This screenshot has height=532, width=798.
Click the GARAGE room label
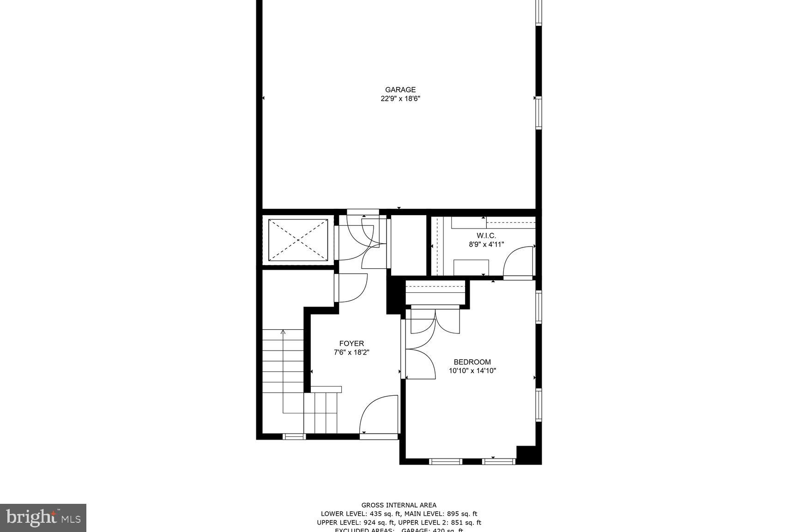[x=400, y=90]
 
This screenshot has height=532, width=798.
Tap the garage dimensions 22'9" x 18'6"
[x=400, y=98]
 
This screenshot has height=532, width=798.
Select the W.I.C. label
[x=486, y=236]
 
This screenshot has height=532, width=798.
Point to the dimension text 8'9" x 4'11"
[x=486, y=244]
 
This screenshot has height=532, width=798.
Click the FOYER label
[x=351, y=343]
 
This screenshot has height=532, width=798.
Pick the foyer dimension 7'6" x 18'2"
[x=351, y=352]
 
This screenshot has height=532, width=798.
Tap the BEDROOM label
[x=472, y=362]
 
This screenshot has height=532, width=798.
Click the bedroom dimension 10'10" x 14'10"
[x=472, y=370]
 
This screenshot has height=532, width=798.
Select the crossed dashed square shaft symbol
[x=298, y=240]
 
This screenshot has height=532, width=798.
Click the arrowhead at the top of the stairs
[x=283, y=331]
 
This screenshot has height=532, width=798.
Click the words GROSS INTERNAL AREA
[x=399, y=505]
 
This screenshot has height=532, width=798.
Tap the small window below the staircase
[x=294, y=436]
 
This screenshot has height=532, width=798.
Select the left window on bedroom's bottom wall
[x=446, y=461]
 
